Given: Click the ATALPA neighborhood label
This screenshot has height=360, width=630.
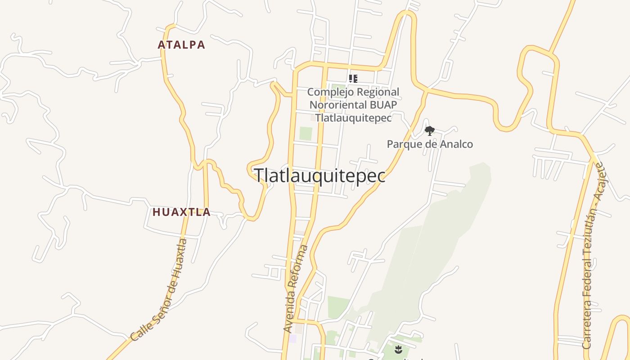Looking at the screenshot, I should tap(181, 45).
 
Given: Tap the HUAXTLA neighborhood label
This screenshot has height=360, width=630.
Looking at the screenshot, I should tap(181, 212).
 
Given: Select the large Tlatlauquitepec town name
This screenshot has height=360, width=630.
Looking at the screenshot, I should tap(320, 175).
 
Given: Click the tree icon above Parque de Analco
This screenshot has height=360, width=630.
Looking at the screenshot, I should tap(430, 131).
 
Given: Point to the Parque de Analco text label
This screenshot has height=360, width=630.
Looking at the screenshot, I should tap(430, 144).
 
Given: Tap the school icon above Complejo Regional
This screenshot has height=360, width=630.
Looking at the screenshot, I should tap(353, 79).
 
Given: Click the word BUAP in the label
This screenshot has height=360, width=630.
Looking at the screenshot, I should tap(382, 105).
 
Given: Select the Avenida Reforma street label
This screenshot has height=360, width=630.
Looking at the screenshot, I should tap(296, 289).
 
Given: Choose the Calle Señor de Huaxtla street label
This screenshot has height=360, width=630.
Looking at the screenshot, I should tap(159, 290).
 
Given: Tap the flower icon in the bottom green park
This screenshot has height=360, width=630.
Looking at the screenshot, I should tap(398, 349).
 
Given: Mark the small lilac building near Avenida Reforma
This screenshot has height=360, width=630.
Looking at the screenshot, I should tap(292, 338).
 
